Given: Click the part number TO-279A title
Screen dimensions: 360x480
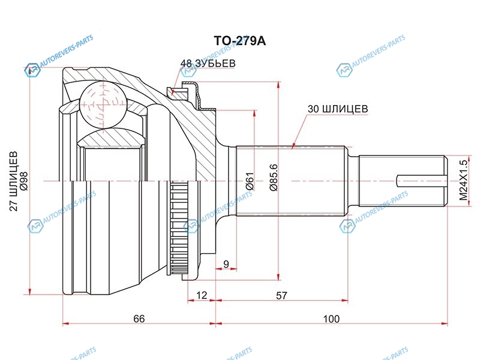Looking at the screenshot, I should (240, 41).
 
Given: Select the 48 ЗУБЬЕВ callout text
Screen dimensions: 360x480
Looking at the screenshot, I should (208, 63).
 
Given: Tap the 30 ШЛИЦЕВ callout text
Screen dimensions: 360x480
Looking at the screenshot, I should (337, 109).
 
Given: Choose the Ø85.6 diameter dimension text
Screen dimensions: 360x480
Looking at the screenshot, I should (273, 178).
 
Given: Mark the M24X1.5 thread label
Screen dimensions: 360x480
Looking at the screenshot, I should (463, 180).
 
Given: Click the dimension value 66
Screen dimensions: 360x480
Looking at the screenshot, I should (139, 319).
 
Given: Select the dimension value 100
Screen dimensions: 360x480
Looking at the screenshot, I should (331, 319).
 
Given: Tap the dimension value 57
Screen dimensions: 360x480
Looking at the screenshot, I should (281, 295).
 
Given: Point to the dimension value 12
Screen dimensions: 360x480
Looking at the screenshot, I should (202, 295).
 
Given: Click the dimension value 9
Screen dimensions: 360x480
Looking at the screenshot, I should (226, 264).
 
